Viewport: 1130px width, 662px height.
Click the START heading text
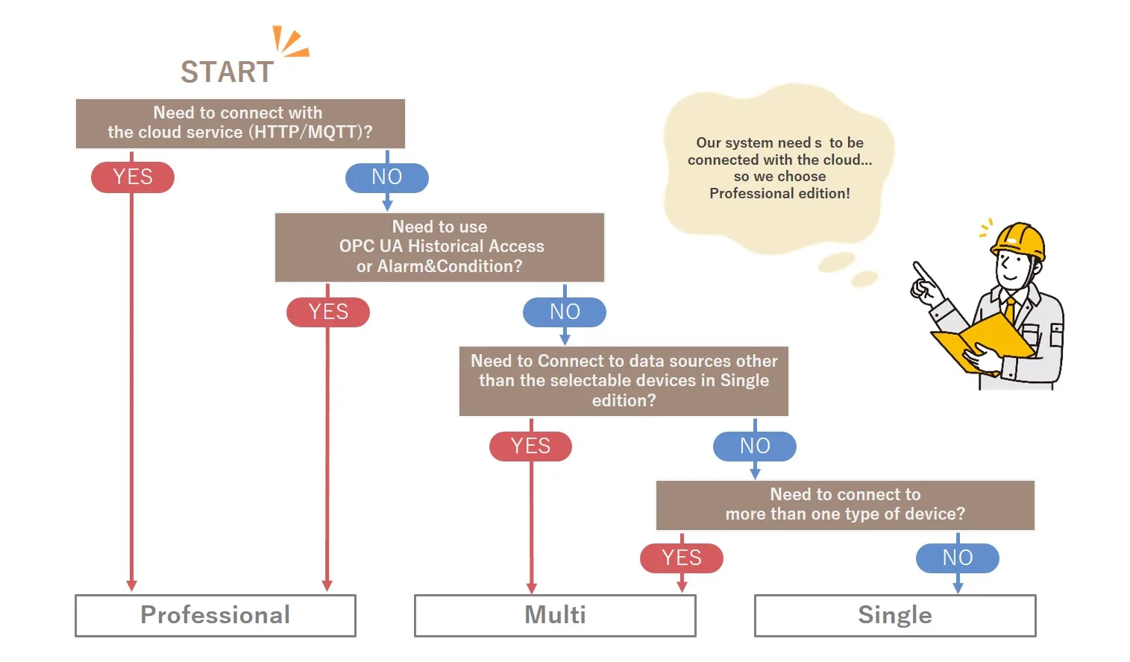[x=227, y=72]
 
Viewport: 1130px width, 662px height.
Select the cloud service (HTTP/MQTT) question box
[x=240, y=123]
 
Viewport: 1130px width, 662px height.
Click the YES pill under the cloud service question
[x=133, y=177]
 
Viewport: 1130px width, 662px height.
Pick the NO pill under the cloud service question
[x=387, y=177]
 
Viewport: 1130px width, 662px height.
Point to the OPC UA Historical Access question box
[x=439, y=247]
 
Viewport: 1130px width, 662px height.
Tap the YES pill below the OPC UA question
[x=328, y=312]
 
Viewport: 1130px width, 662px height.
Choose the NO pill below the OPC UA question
[x=565, y=312]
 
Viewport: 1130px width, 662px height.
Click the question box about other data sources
[x=624, y=381]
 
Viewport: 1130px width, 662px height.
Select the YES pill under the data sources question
[x=530, y=446]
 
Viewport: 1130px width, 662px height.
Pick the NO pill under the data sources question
[x=755, y=446]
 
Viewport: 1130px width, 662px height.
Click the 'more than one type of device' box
[x=845, y=505]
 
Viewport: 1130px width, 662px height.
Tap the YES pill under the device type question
[x=682, y=558]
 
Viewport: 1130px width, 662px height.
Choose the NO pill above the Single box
[x=958, y=558]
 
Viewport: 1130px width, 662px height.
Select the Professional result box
[x=216, y=615]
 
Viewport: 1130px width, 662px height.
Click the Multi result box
[x=555, y=615]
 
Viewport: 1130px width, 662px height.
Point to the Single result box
[x=895, y=615]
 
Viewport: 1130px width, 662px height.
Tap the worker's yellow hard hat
[x=1017, y=239]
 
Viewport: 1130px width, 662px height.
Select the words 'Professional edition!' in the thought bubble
[x=779, y=194]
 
